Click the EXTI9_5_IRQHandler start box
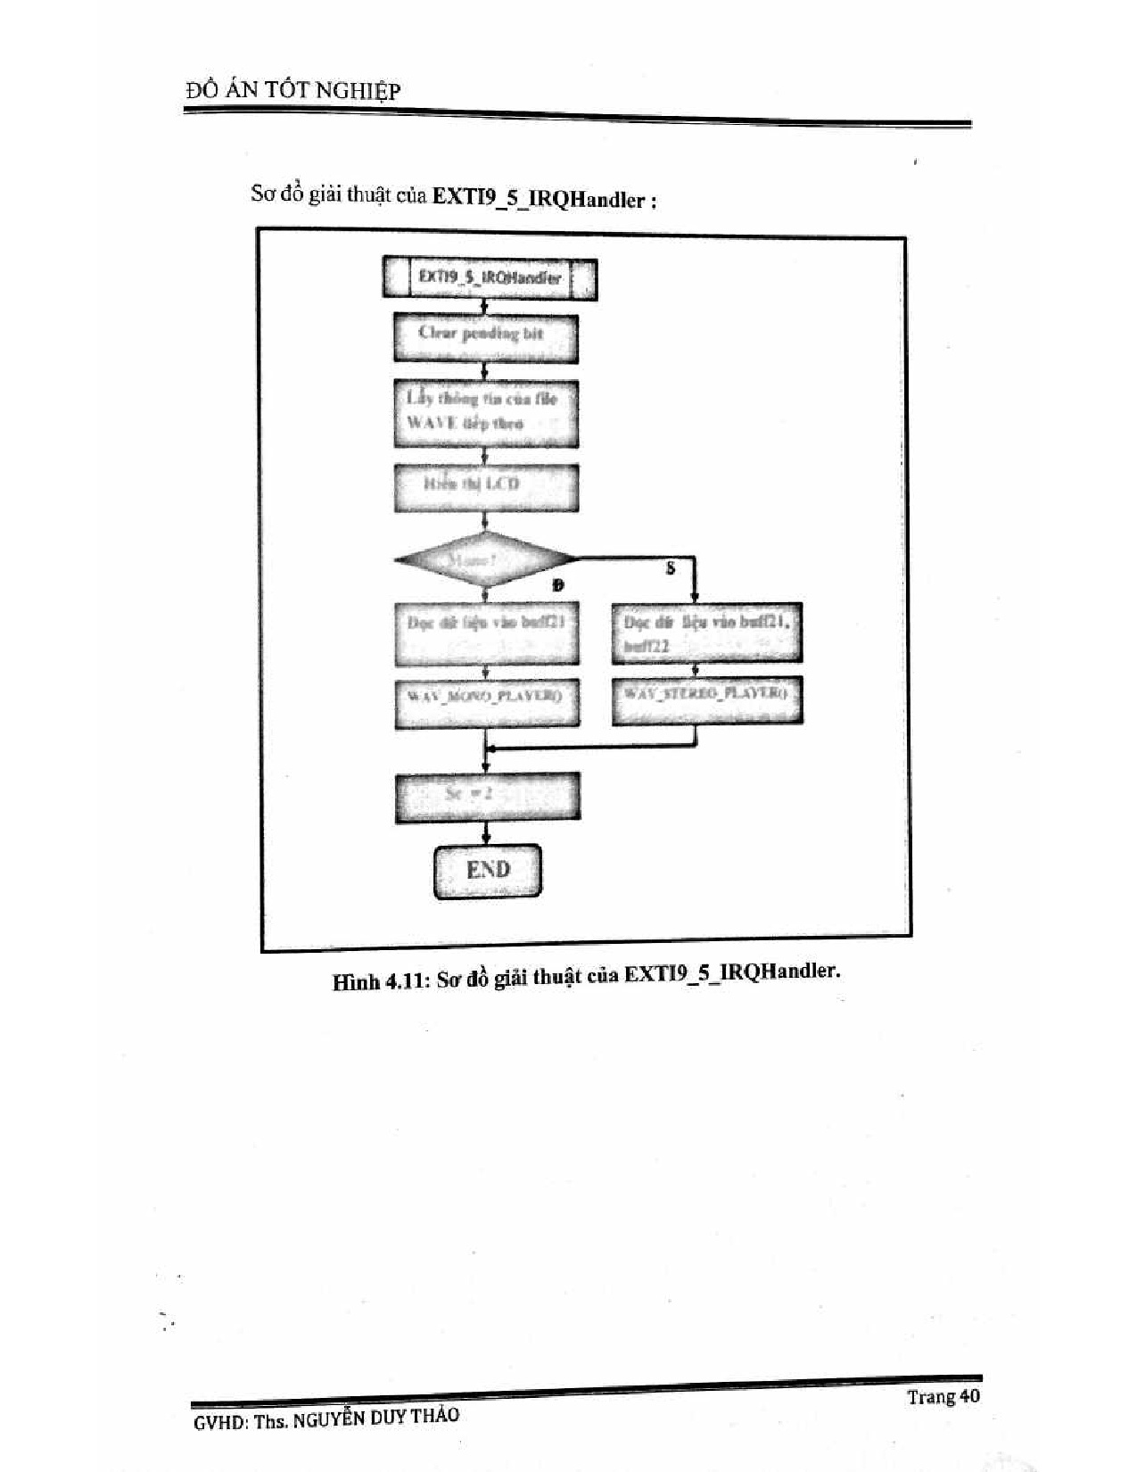coord(490,278)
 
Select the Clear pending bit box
coord(485,336)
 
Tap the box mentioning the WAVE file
coord(485,412)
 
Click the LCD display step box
coord(485,486)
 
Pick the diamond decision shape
coord(485,559)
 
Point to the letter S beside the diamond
coord(671,567)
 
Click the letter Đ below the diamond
coord(558,585)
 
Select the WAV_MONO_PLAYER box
coord(486,701)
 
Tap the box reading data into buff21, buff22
coord(706,633)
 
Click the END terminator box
coord(488,870)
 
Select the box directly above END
coord(487,796)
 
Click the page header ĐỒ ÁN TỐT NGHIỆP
coord(293,90)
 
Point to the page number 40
coord(968,1395)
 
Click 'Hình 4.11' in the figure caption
coord(382,980)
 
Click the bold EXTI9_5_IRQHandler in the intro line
coord(538,198)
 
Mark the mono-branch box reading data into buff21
coord(486,633)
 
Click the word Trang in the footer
coord(931,1397)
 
